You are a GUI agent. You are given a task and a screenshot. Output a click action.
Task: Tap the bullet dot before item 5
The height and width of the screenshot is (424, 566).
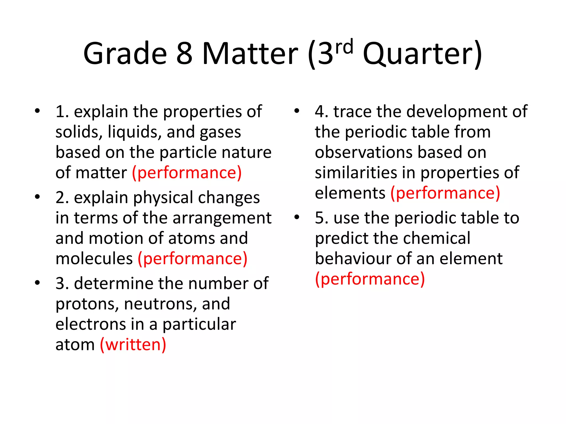pos(297,217)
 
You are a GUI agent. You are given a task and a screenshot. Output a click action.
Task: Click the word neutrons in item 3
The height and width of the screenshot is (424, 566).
pos(160,304)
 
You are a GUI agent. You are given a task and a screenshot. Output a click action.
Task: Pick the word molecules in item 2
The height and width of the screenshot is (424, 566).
pos(94,259)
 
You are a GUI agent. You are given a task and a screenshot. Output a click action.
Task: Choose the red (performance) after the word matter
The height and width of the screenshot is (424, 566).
pos(187,173)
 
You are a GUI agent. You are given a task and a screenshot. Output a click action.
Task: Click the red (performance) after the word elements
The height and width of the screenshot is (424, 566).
pos(445,193)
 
